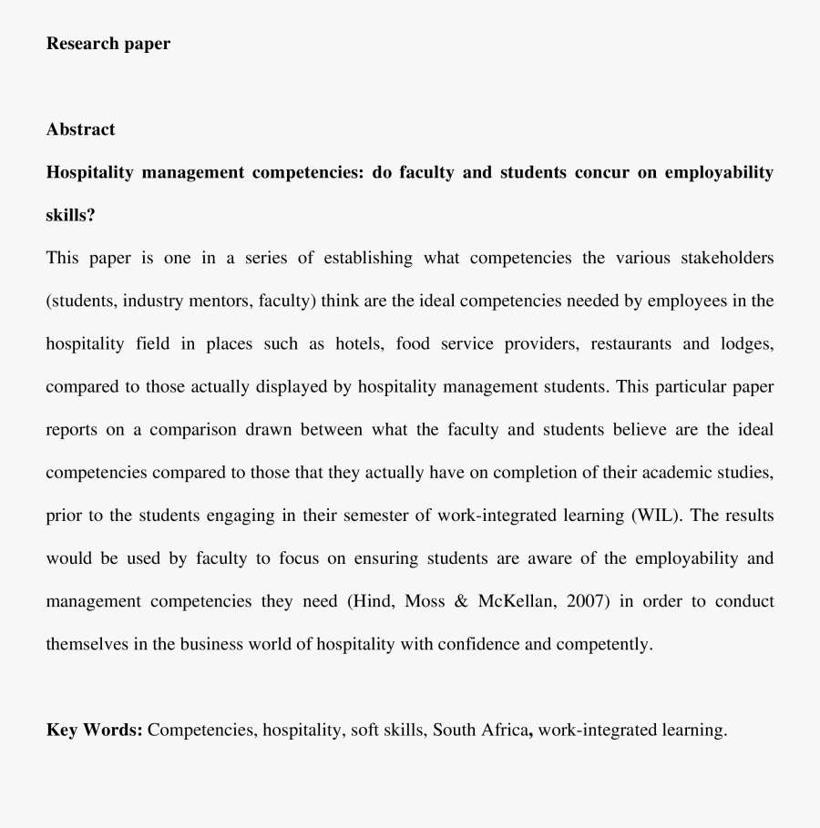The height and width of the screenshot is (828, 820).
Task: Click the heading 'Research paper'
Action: pos(108,43)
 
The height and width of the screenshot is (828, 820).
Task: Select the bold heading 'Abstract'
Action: pos(80,129)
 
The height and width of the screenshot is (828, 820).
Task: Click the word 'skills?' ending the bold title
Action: pos(70,215)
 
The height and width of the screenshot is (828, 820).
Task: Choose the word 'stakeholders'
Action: pos(727,258)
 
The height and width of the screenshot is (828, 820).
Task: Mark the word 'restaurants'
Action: pos(631,343)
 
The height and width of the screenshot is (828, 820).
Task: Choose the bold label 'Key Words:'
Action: pos(94,730)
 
